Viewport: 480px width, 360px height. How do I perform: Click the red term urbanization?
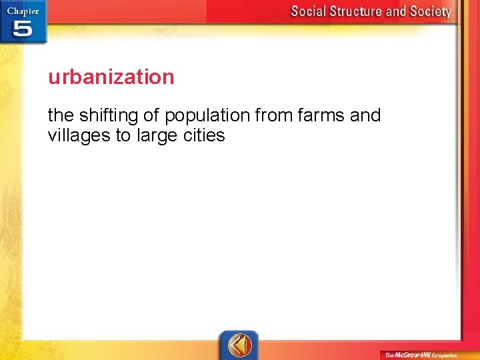click(111, 77)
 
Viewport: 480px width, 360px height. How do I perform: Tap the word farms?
click(321, 115)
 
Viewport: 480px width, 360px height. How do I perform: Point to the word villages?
click(79, 136)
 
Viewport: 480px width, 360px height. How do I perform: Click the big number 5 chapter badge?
click(22, 29)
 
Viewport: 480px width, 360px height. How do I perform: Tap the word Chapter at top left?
click(23, 10)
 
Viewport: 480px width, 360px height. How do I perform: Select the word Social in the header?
click(309, 11)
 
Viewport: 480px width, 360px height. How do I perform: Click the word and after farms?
click(365, 115)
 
